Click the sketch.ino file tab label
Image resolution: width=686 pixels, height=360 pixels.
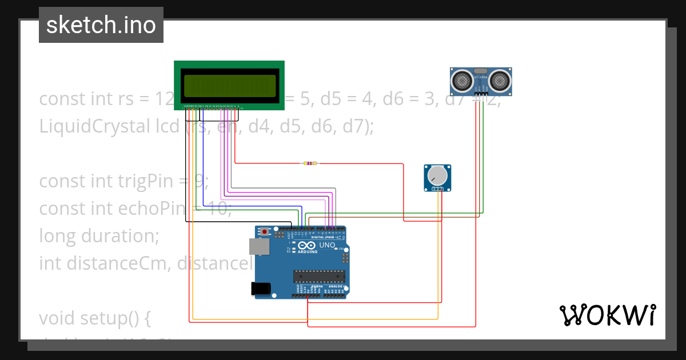[x=101, y=25]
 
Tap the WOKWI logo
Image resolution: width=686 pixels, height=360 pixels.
[x=607, y=315]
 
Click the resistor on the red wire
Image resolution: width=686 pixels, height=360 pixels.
[x=310, y=163]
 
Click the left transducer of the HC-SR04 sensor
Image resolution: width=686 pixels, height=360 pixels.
[x=461, y=81]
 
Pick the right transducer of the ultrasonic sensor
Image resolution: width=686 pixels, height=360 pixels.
[x=500, y=81]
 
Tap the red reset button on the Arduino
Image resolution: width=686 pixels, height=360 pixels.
[x=265, y=231]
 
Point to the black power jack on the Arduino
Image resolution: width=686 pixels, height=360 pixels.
[x=262, y=289]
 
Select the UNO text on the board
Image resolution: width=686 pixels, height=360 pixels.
[x=327, y=245]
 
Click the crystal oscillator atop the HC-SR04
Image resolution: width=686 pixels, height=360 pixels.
[x=481, y=70]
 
